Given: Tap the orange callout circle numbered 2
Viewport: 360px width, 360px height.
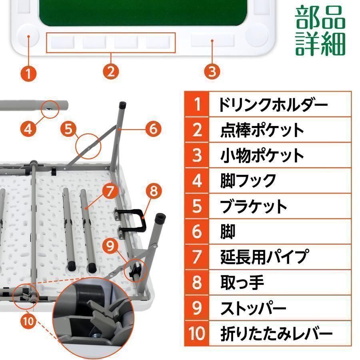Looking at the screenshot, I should point(111,72).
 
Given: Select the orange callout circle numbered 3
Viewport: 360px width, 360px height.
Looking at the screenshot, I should point(212,72).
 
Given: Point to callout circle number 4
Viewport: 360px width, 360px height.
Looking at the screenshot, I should point(28,129).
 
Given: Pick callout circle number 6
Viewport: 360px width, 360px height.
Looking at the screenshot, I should point(153,129).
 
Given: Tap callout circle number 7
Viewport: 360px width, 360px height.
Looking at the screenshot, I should point(111,191).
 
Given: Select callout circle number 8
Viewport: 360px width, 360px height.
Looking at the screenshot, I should point(153,191).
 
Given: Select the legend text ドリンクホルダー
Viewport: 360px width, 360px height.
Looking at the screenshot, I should point(273,105).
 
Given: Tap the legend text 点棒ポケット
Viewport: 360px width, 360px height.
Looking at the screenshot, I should point(262,130).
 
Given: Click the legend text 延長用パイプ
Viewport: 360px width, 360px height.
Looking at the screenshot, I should point(265,256).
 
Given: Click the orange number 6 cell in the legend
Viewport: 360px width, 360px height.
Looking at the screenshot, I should point(197,232).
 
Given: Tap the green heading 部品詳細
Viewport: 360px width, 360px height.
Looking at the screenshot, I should point(320,30).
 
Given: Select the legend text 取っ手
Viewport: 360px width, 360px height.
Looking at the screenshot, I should point(242,282).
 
